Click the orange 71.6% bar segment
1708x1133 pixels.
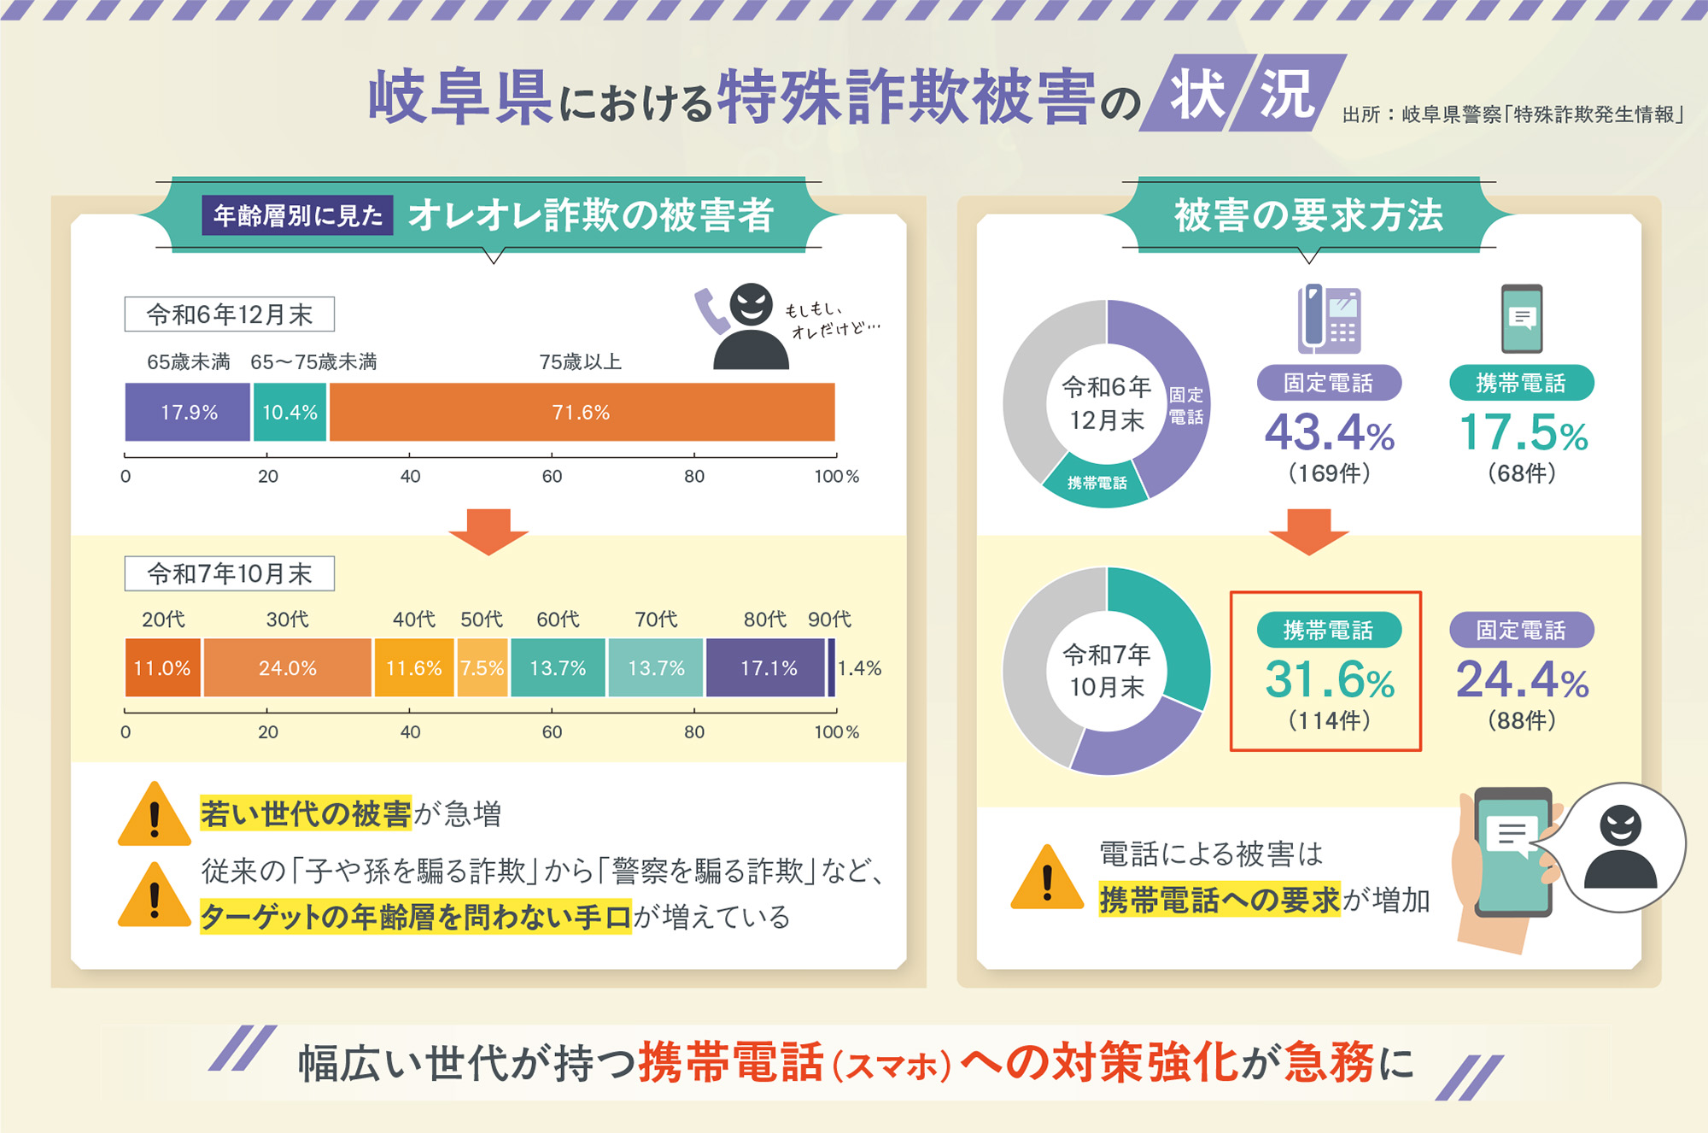coord(582,412)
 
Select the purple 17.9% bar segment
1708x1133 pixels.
coord(188,412)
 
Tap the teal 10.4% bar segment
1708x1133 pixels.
coord(290,412)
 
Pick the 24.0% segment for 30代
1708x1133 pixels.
coord(288,667)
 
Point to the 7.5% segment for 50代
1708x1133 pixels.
coord(483,667)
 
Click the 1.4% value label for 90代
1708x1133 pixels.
coord(859,667)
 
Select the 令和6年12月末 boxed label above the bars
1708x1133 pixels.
coord(229,314)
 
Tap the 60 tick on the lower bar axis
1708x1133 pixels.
coord(552,731)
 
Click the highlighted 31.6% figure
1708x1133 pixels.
coord(1329,680)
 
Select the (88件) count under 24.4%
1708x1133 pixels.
coord(1522,720)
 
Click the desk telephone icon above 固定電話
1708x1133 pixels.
coord(1329,319)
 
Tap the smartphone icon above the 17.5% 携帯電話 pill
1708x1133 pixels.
coord(1522,318)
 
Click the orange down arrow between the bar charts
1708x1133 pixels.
coord(488,530)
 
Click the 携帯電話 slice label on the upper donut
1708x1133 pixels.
coord(1097,483)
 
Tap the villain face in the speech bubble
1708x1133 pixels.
coord(1620,846)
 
